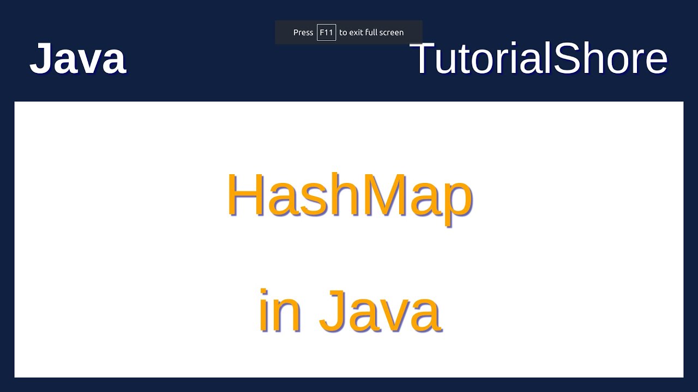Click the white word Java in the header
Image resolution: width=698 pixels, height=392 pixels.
point(77,58)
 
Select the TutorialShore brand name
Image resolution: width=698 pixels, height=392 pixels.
point(538,58)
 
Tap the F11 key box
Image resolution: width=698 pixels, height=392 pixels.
point(326,33)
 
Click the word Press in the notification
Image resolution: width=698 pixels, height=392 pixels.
point(303,33)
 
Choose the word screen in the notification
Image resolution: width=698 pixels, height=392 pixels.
point(392,33)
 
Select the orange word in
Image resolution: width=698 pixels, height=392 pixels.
point(279,311)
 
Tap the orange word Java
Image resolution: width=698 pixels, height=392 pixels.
point(380,311)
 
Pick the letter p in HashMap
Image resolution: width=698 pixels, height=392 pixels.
point(456,201)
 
